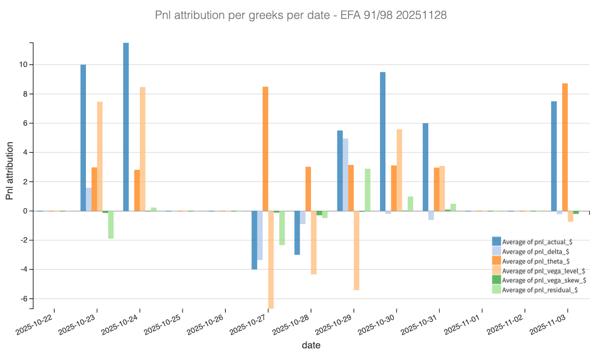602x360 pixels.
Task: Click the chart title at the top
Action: click(301, 16)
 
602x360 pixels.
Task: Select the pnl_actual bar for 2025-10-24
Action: click(126, 127)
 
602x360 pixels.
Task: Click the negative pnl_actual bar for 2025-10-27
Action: click(254, 240)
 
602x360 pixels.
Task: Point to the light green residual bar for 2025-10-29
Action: click(368, 190)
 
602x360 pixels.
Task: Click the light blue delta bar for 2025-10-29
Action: click(345, 175)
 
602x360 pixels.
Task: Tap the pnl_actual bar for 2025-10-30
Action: click(383, 141)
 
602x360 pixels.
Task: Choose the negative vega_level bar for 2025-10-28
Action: click(314, 243)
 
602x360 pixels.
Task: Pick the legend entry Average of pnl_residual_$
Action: click(539, 290)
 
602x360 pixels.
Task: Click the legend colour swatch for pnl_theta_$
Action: click(496, 261)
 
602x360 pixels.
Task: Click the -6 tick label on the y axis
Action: click(23, 299)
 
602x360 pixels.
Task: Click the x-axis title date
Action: click(311, 345)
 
